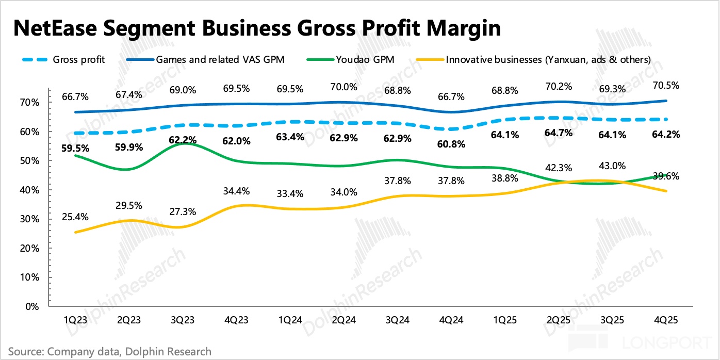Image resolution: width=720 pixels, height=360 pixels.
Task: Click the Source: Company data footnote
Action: pyautogui.click(x=109, y=352)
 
